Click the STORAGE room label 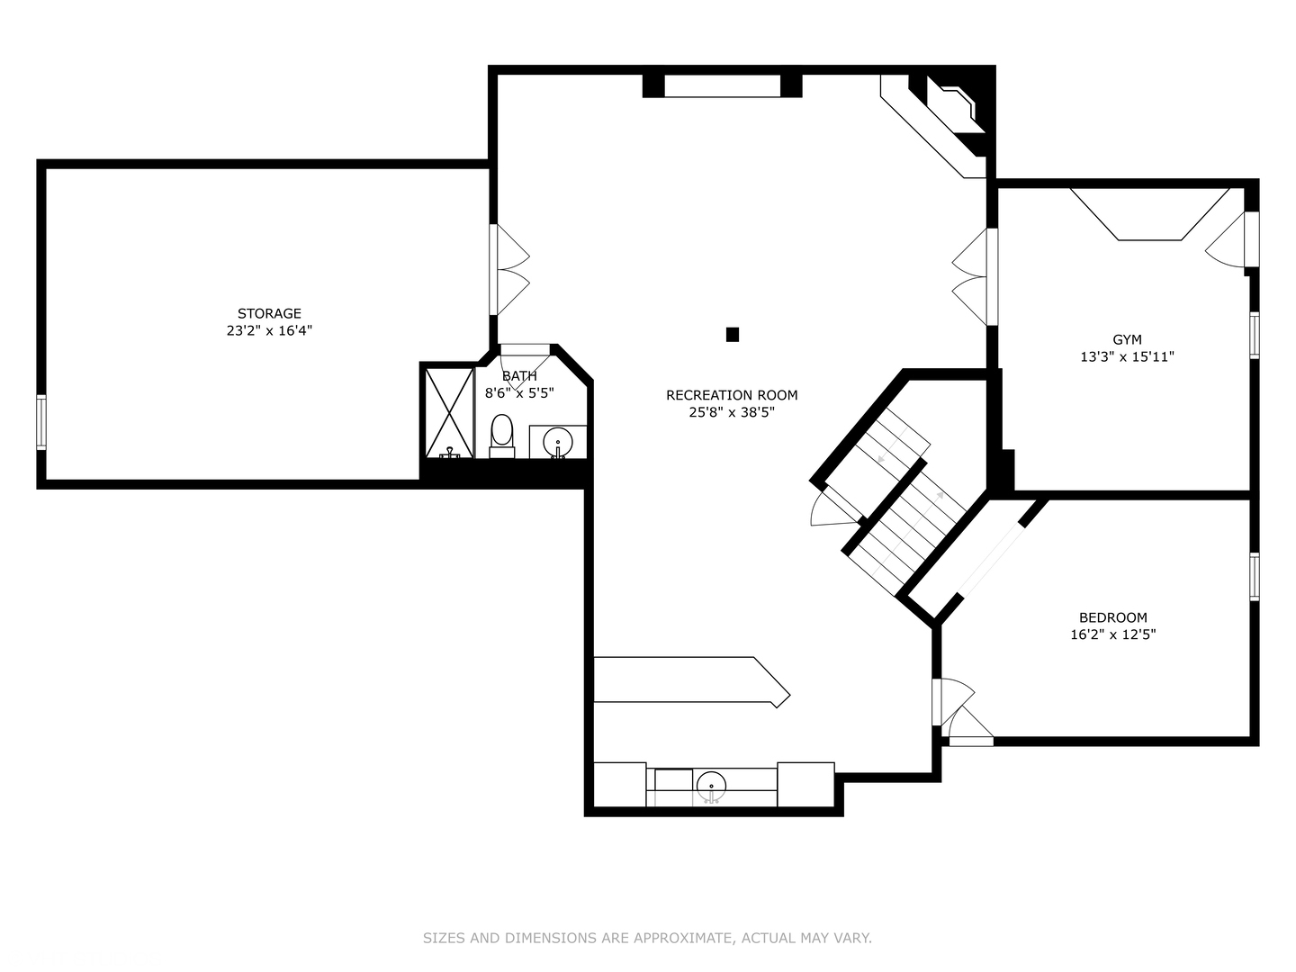coord(269,313)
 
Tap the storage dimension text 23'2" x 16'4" coord(269,330)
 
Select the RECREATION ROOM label coord(732,394)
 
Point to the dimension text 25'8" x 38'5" coord(732,412)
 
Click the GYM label coord(1127,339)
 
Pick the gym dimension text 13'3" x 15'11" coord(1127,356)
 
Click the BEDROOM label coord(1112,617)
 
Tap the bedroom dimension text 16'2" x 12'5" coord(1112,634)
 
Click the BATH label coord(519,375)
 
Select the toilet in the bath coord(501,436)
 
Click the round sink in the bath coord(558,442)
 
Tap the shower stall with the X coord(449,411)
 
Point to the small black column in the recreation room coord(733,335)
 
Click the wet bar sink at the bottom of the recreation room coord(711,784)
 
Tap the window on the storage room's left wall coord(41,421)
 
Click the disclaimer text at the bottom coord(647,938)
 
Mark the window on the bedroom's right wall coord(1254,576)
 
